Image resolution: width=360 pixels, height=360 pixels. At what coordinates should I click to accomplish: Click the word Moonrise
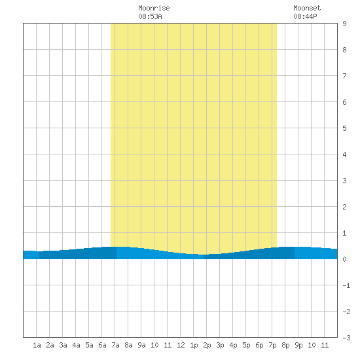coord(154,8)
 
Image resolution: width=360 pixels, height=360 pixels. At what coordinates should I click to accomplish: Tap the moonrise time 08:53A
coord(150,16)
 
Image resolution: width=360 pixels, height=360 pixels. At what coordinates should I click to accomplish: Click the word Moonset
coord(307,8)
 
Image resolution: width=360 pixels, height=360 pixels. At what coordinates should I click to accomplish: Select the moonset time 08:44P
coord(305,16)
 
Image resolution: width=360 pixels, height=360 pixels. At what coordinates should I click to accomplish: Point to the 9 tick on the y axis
coord(344,24)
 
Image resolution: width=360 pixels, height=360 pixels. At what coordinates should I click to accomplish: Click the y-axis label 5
coord(344,128)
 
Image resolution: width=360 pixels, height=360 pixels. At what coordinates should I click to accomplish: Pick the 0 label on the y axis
coord(344,259)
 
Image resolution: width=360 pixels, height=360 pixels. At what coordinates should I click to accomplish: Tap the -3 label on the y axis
coord(346,338)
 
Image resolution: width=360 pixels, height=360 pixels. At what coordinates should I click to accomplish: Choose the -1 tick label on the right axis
coord(346,285)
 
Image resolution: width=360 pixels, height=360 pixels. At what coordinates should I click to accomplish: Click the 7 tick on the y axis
coord(344,76)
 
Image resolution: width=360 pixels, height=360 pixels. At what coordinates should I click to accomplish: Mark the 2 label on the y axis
coord(344,207)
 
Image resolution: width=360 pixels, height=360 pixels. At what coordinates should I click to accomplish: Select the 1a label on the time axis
coord(37,345)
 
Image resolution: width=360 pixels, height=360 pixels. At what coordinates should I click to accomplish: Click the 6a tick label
coord(102,345)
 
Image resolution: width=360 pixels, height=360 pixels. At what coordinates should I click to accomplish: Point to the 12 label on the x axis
coord(181,345)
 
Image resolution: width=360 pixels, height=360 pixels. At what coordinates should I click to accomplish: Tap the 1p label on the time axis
coord(194,345)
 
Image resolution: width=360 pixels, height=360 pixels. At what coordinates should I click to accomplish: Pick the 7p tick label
coord(272,345)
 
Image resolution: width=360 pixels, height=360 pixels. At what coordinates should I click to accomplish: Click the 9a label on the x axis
coord(141,345)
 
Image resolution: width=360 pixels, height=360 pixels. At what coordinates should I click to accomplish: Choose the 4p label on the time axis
coord(233,345)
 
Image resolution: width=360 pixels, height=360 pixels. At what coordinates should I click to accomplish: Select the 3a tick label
coord(63,345)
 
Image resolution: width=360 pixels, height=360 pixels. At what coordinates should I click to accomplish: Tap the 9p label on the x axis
coord(298,345)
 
